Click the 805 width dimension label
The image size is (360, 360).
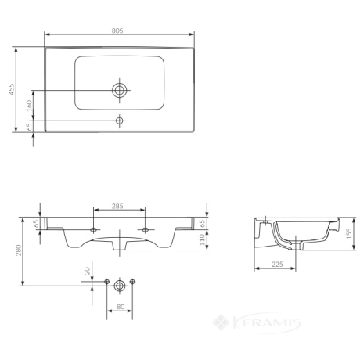(117, 31)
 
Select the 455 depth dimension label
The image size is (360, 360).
(12, 89)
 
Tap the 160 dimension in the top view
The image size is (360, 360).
(29, 106)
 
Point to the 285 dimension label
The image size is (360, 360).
(117, 207)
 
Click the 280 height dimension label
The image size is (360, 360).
(19, 250)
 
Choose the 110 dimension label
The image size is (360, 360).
(202, 239)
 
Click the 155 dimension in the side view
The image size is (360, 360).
(349, 233)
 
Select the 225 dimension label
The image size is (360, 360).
(277, 265)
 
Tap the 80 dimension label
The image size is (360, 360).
(121, 307)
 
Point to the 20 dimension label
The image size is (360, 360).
(87, 271)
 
